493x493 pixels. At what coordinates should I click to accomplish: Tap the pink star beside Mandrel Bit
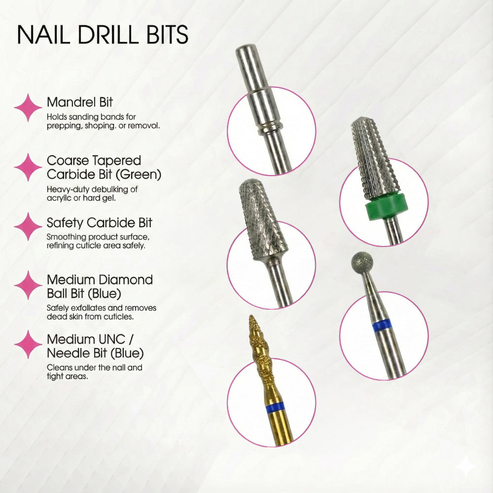point(28,107)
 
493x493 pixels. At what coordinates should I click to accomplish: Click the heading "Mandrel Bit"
point(80,103)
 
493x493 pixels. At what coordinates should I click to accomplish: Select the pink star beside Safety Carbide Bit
point(28,226)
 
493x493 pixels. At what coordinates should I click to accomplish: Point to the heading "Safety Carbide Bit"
point(100,222)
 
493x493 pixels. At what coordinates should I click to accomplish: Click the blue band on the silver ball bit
point(382,325)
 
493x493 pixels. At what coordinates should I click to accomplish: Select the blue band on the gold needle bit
point(275,407)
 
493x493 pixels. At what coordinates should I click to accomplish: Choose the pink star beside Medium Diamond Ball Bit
point(28,285)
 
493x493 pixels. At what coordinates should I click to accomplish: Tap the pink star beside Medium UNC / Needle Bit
point(28,344)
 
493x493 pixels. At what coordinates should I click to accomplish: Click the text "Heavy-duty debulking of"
point(92,189)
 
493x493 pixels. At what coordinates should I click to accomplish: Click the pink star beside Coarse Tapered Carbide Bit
point(28,167)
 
